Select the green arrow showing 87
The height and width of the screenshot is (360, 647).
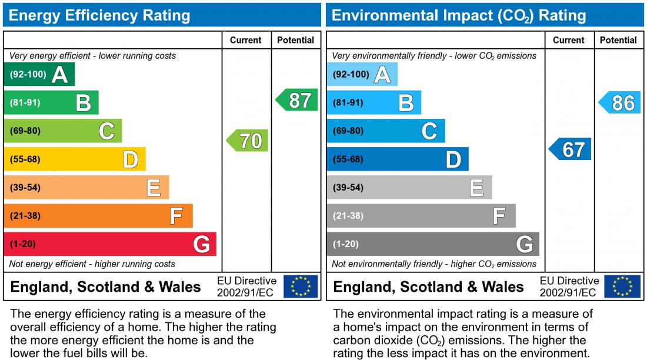click(298, 101)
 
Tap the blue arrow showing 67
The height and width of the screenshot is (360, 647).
click(571, 149)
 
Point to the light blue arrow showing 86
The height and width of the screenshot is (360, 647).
click(621, 103)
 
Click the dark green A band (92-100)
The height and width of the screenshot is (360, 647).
click(39, 74)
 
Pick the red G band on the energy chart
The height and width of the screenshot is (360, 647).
click(110, 244)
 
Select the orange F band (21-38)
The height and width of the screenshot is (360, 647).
click(98, 215)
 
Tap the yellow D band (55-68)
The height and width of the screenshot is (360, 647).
click(74, 159)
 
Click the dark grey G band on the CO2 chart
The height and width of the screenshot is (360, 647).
click(432, 244)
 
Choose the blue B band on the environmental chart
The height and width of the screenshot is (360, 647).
click(373, 102)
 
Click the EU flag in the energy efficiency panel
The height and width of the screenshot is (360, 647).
click(301, 286)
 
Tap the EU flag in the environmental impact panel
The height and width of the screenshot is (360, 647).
click(623, 286)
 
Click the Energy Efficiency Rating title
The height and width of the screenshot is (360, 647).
click(100, 15)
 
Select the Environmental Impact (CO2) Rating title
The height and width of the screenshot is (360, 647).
click(459, 15)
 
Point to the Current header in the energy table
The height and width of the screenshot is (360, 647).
click(246, 41)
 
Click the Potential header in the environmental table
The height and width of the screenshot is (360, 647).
click(618, 41)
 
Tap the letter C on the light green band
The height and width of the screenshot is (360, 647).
click(106, 131)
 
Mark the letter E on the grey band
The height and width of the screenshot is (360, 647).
click(476, 188)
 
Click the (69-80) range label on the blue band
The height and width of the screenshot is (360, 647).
click(348, 131)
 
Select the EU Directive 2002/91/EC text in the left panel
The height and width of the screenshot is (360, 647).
click(246, 286)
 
